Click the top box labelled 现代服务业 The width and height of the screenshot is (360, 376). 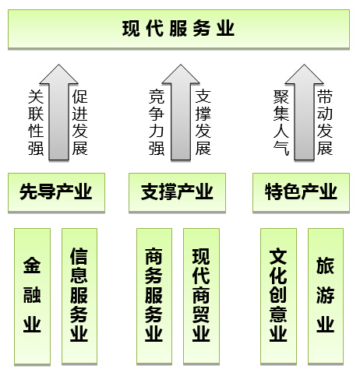point(178,29)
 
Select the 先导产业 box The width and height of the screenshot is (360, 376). point(56,192)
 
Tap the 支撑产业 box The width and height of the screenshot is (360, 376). point(177,192)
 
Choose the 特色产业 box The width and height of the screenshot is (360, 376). point(301,192)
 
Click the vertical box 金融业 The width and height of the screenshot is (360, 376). point(32,296)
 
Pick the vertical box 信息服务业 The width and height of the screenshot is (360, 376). point(79,296)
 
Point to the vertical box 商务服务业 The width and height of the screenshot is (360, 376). point(154,296)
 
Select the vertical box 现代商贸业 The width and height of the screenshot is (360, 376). point(201,296)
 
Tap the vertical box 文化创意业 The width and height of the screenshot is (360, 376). point(278,296)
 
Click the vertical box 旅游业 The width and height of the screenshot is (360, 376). point(326,296)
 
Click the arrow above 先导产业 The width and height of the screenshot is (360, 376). point(59,112)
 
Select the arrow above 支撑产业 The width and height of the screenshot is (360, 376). point(181,112)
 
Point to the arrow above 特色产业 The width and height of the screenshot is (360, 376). point(304,112)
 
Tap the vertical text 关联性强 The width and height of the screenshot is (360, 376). point(36,122)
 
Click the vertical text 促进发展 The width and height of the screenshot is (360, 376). point(79,122)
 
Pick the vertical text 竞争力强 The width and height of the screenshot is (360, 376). point(157,122)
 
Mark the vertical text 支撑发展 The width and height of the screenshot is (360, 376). point(203,122)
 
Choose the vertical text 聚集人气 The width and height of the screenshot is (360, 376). point(281,122)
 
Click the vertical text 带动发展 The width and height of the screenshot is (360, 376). point(325,122)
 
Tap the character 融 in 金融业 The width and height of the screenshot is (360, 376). point(32,295)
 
